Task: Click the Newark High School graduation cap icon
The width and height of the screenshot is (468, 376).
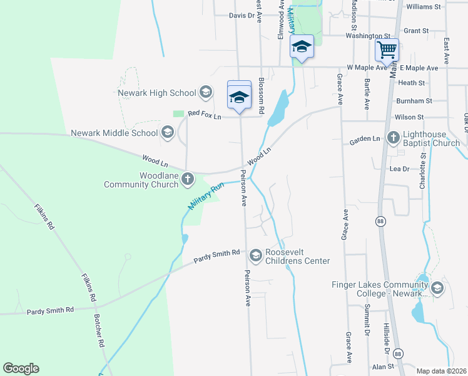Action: pos(205,93)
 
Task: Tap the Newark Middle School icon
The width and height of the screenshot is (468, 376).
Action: pos(167,132)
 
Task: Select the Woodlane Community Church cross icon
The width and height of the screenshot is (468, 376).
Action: pos(187,180)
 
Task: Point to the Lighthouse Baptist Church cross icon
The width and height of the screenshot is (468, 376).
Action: pos(393,137)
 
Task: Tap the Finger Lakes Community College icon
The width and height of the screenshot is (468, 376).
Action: pos(437,289)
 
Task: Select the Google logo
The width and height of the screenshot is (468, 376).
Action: pos(21,368)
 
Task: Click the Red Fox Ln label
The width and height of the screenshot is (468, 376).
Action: pos(205,115)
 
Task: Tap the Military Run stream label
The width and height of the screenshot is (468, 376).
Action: pos(206,196)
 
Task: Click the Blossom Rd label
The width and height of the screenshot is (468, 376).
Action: pos(262,96)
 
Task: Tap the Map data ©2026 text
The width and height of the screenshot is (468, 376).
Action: pos(440,371)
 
